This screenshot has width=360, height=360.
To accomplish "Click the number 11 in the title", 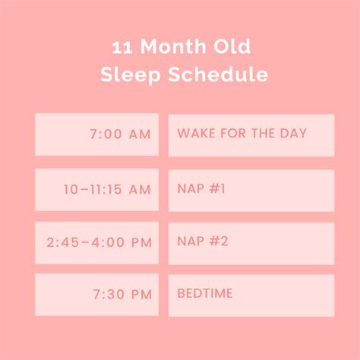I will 122,48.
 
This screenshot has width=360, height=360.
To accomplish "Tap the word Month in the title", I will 169,48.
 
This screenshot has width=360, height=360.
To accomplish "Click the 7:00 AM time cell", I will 96,134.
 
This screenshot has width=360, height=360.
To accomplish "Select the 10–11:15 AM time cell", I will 96,190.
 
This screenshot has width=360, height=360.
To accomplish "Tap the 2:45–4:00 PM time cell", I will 96,242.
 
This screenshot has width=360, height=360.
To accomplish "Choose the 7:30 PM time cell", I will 96,295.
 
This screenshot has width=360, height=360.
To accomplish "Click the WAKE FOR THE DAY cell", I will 251,134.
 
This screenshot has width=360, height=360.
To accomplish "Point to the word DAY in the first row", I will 293,134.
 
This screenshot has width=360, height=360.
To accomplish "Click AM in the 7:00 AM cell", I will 139,134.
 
